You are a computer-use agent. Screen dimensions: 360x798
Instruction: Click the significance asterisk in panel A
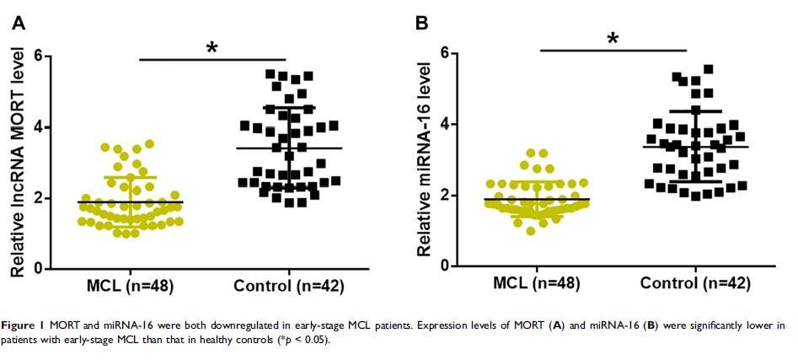[212, 47]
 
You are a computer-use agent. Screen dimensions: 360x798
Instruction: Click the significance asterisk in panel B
[613, 39]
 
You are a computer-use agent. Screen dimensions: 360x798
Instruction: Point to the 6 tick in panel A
[37, 56]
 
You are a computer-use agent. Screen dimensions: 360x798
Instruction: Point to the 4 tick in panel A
[37, 127]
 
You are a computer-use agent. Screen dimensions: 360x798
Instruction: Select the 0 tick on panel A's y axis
[37, 269]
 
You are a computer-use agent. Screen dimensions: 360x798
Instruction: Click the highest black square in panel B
[709, 69]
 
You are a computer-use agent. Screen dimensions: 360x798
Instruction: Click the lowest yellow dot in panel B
[530, 230]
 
